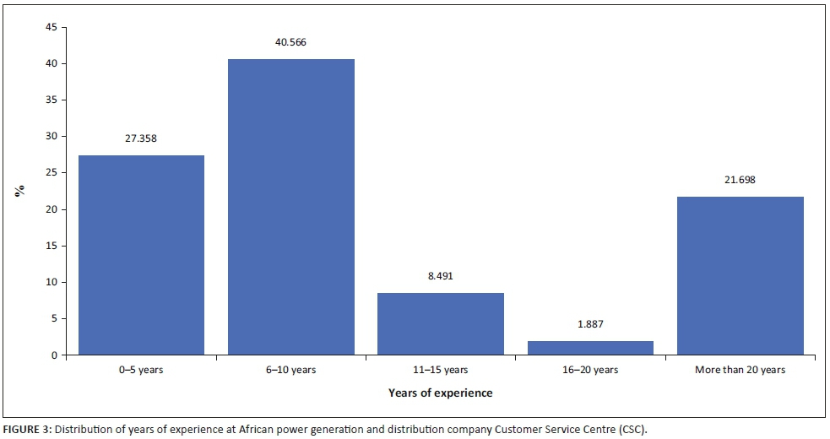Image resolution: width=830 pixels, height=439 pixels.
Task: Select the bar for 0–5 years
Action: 142,255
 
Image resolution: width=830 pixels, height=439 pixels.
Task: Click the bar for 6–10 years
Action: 291,207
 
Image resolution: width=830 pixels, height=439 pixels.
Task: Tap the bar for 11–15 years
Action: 441,323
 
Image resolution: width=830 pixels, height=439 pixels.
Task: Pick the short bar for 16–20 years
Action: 590,347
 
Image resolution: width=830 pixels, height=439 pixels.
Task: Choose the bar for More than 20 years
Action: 740,275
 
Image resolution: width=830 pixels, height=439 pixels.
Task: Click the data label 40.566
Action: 291,42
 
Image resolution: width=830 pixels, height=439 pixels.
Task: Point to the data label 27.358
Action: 142,138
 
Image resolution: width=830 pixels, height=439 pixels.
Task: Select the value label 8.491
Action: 441,275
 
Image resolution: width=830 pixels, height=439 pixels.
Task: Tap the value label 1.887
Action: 590,324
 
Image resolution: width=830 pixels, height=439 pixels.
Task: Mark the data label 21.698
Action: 740,179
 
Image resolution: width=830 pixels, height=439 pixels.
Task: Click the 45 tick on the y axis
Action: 52,27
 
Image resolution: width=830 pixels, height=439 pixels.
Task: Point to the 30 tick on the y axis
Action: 52,136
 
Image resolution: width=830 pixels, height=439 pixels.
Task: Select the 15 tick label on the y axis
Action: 52,246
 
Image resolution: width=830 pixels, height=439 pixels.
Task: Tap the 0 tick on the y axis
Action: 54,355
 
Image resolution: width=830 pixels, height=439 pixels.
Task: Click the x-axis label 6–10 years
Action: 291,370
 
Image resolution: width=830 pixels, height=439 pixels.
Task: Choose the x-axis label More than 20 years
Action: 740,370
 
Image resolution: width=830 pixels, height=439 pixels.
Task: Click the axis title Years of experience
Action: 440,393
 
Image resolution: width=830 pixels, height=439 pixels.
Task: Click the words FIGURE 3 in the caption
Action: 27,429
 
